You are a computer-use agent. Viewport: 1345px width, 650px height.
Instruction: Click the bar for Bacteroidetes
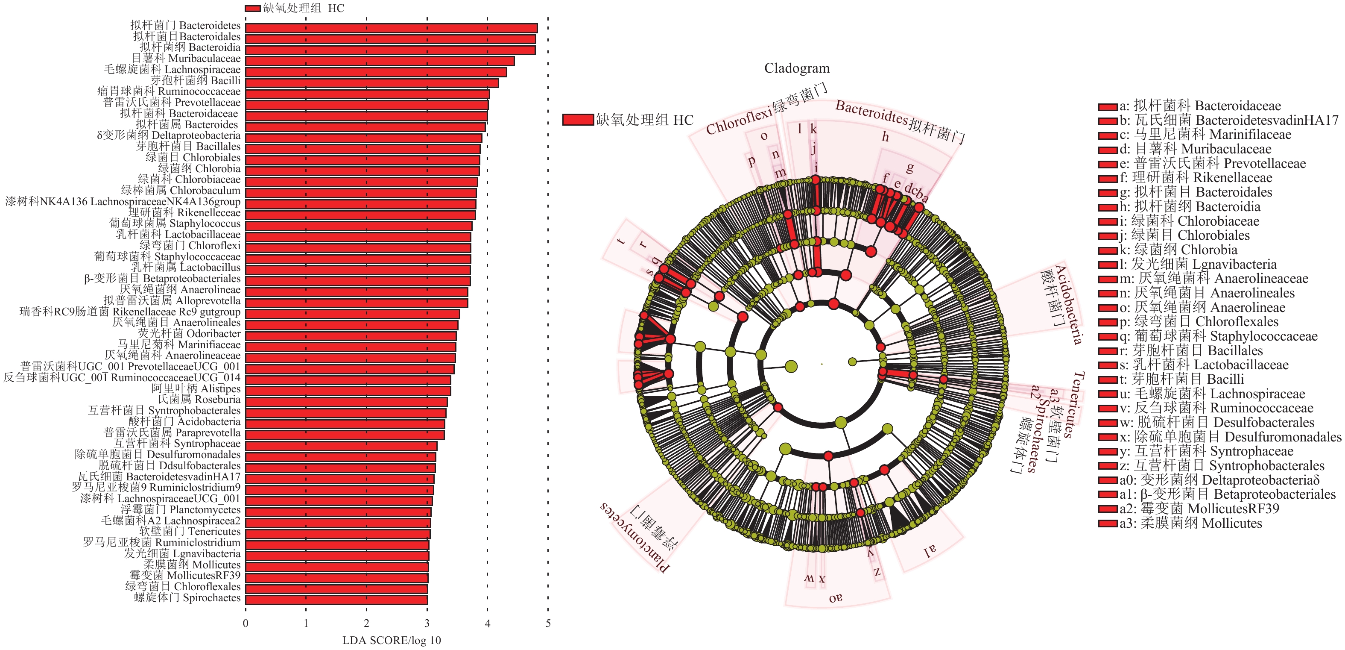pos(391,28)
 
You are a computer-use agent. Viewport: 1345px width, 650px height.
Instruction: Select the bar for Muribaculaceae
pos(380,61)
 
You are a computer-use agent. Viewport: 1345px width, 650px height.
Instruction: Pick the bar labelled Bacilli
pos(372,82)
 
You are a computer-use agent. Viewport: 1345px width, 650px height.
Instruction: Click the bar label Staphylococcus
pos(175,224)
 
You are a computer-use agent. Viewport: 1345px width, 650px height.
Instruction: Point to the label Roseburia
pos(199,399)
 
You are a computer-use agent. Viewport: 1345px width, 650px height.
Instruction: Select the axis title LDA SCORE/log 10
pos(391,640)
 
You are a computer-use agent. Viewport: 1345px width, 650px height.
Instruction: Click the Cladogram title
pos(796,68)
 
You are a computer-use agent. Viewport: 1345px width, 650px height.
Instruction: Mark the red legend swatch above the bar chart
pos(253,9)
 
